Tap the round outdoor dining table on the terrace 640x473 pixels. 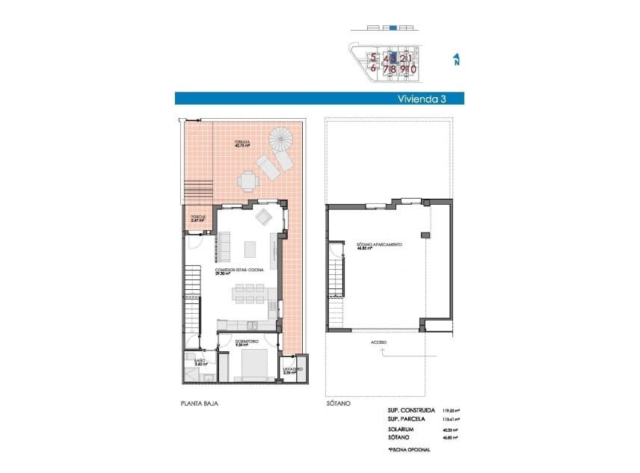click(247, 180)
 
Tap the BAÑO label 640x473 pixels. click(200, 361)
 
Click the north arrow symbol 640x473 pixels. click(455, 60)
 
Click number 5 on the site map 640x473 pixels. click(372, 57)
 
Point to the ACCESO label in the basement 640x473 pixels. click(378, 342)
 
